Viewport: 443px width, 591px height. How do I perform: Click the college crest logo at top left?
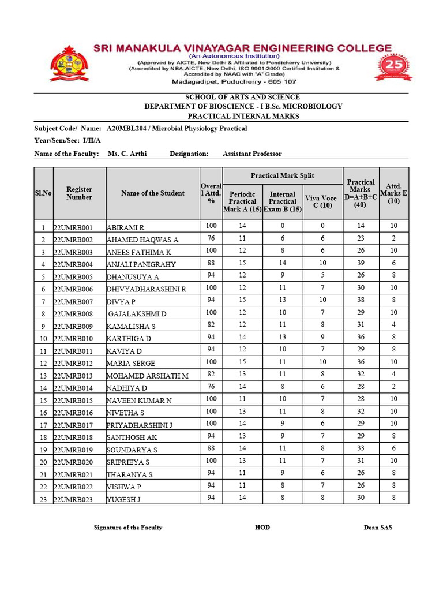pyautogui.click(x=70, y=64)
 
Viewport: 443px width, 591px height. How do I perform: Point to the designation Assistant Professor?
pyautogui.click(x=252, y=154)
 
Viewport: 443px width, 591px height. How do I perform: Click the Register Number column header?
pyautogui.click(x=79, y=193)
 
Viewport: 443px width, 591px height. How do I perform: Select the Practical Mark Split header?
pyautogui.click(x=283, y=175)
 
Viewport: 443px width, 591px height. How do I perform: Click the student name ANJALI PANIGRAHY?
pyautogui.click(x=141, y=264)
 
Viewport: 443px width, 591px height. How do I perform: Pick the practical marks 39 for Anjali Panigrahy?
pyautogui.click(x=361, y=263)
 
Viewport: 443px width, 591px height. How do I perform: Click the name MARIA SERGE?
pyautogui.click(x=131, y=364)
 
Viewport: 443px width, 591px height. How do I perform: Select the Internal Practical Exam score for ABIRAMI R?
pyautogui.click(x=283, y=226)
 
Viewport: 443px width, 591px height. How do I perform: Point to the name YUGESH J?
pyautogui.click(x=123, y=500)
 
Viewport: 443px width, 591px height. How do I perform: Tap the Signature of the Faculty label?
pyautogui.click(x=127, y=528)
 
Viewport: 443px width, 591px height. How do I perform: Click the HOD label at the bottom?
pyautogui.click(x=262, y=528)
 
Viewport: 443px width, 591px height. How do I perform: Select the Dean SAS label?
pyautogui.click(x=378, y=528)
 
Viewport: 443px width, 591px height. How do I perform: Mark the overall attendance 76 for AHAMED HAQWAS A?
pyautogui.click(x=211, y=238)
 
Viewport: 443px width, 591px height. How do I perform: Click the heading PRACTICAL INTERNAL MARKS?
pyautogui.click(x=243, y=116)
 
